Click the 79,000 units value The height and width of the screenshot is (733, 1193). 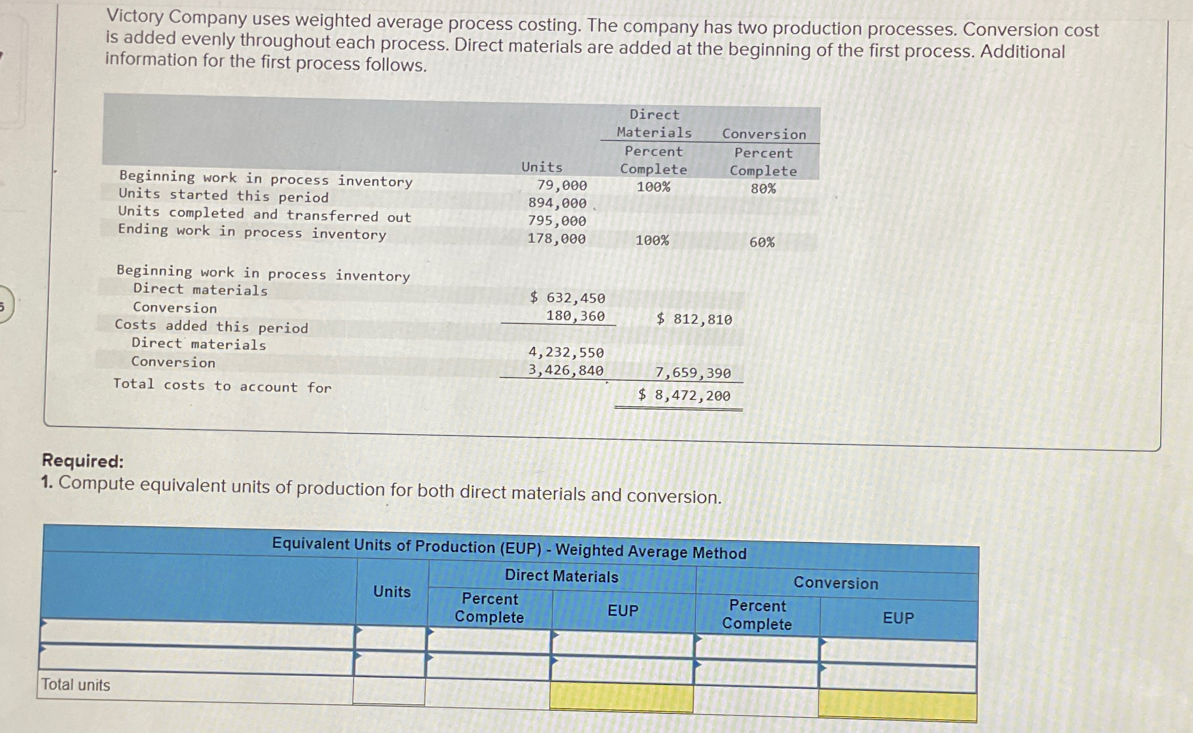[x=562, y=186]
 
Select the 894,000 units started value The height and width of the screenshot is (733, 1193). [x=557, y=203]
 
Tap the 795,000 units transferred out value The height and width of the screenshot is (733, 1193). [x=557, y=221]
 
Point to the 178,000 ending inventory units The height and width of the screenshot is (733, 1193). [x=556, y=239]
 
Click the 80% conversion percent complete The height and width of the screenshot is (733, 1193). [x=763, y=189]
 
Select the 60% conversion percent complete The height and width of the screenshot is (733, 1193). [x=762, y=243]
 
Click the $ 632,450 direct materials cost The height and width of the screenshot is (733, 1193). [x=567, y=298]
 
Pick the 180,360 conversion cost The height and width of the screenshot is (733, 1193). [x=575, y=316]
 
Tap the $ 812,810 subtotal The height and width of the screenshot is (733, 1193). [x=694, y=319]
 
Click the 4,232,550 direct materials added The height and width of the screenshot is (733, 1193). [x=566, y=353]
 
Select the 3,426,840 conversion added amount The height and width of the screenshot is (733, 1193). [x=565, y=370]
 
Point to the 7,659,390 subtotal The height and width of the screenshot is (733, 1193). [x=693, y=373]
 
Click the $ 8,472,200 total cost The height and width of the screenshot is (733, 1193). [x=685, y=396]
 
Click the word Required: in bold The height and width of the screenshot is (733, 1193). [x=83, y=461]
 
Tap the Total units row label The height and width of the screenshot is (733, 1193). [x=76, y=685]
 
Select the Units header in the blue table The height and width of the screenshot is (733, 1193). [x=392, y=592]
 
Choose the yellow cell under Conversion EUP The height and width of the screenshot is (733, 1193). [x=897, y=706]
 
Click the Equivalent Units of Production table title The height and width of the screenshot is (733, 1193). [x=509, y=548]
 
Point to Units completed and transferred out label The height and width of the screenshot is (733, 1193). [x=265, y=215]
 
